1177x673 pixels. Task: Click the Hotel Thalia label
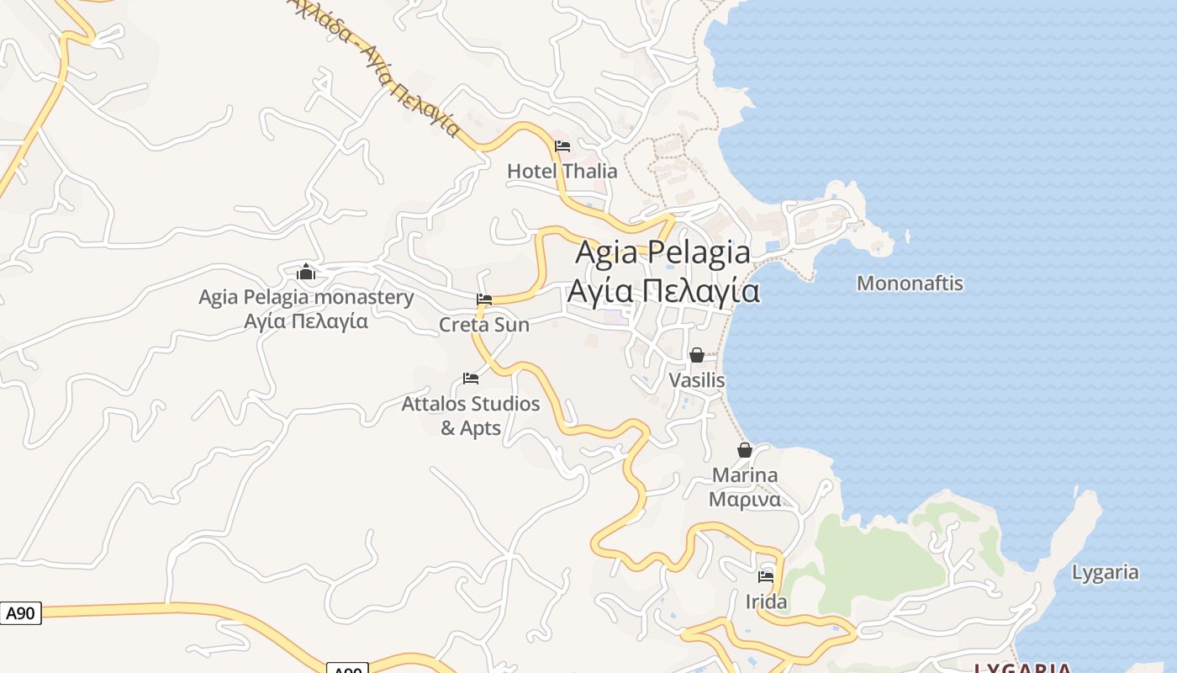[x=562, y=172]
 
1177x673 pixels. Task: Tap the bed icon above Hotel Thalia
[x=562, y=146]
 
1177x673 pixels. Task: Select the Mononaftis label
[x=910, y=284]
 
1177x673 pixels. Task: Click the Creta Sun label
[x=484, y=325]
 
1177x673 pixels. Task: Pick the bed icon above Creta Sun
[x=484, y=299]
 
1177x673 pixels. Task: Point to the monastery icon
[x=306, y=273]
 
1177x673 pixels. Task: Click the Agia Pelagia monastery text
[x=306, y=297]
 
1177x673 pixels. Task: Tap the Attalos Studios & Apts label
[x=471, y=416]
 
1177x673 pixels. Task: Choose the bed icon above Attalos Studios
[x=471, y=379]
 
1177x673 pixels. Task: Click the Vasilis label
[x=696, y=380]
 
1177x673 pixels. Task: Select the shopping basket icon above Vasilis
[x=696, y=355]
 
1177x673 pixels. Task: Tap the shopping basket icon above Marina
[x=745, y=450]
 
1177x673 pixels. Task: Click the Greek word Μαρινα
[x=745, y=500]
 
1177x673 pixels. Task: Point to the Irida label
[x=766, y=602]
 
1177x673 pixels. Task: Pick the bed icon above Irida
[x=766, y=577]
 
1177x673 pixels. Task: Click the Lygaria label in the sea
[x=1105, y=573]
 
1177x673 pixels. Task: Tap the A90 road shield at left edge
[x=20, y=613]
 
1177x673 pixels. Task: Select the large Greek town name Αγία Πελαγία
[x=663, y=291]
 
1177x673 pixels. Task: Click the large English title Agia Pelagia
[x=663, y=252]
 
